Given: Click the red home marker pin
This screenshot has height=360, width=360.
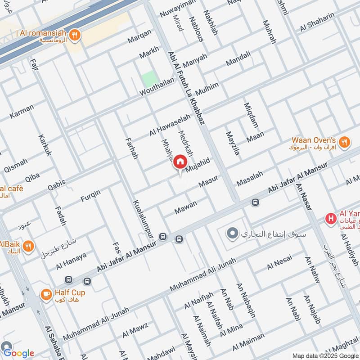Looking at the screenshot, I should coord(180,162).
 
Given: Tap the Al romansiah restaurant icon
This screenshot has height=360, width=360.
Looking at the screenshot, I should coord(75,34).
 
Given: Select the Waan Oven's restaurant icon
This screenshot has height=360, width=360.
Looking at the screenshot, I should coord(344,142).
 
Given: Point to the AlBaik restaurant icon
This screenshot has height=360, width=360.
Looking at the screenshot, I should coord(28,246).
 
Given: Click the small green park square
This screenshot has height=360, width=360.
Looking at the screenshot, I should coord(149,79).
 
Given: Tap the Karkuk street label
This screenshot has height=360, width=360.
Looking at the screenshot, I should coord(45,145).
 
